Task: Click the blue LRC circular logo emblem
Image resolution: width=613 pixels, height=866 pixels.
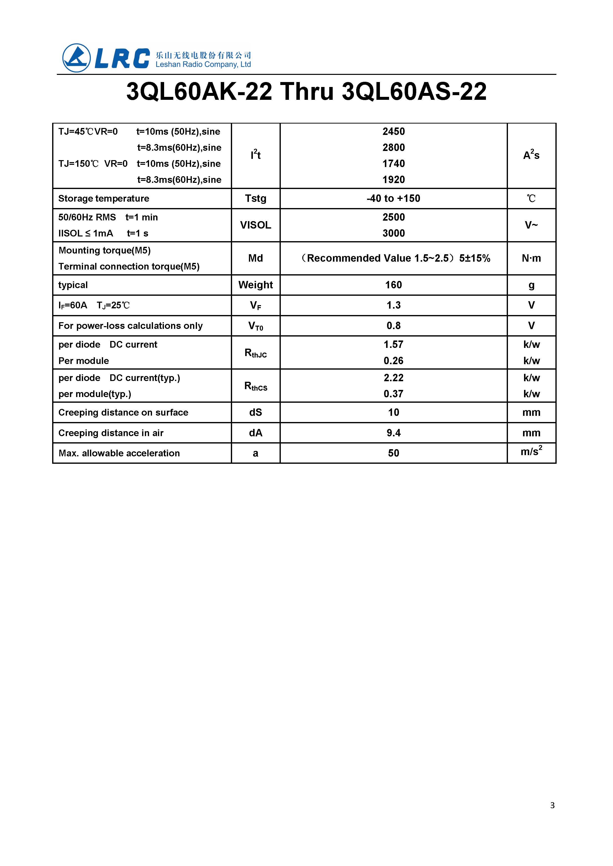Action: pos(77,58)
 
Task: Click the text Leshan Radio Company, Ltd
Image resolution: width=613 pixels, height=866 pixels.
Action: pos(203,64)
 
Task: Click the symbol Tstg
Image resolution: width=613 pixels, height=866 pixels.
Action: pos(256,198)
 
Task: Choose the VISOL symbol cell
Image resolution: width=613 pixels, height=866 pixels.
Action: pos(256,225)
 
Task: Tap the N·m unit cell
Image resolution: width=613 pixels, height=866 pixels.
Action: pos(531,258)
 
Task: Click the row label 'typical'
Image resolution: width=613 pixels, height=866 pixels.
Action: pos(73,285)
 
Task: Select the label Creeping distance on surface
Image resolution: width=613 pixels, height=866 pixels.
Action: pos(123,412)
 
